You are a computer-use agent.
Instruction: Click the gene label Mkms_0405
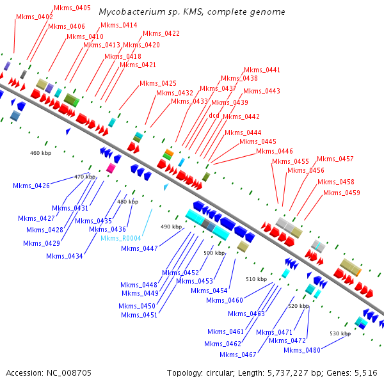click(72, 8)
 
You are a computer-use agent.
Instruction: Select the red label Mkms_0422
click(161, 33)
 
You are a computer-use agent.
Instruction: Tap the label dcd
click(214, 115)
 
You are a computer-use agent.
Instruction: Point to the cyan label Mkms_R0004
click(121, 238)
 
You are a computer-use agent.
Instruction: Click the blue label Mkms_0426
click(31, 186)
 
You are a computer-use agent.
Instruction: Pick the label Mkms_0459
click(341, 193)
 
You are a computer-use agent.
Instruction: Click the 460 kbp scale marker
click(40, 153)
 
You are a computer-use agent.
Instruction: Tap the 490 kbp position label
click(171, 227)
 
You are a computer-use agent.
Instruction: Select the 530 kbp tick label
click(340, 333)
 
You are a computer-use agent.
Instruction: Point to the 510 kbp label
click(255, 279)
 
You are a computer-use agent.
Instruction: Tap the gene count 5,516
click(365, 372)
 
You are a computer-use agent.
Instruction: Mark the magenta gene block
click(111, 168)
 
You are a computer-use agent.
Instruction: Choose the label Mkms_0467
click(237, 355)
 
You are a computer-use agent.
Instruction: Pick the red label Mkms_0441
click(262, 69)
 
